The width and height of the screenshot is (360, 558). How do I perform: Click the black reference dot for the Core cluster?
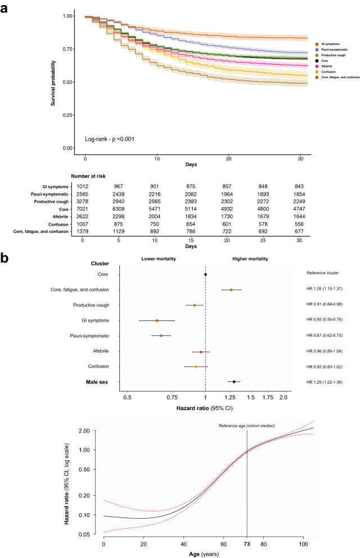click(x=205, y=274)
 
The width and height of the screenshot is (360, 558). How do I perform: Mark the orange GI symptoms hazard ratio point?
click(x=157, y=321)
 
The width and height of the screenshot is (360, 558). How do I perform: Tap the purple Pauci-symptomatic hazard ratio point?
click(x=161, y=336)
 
